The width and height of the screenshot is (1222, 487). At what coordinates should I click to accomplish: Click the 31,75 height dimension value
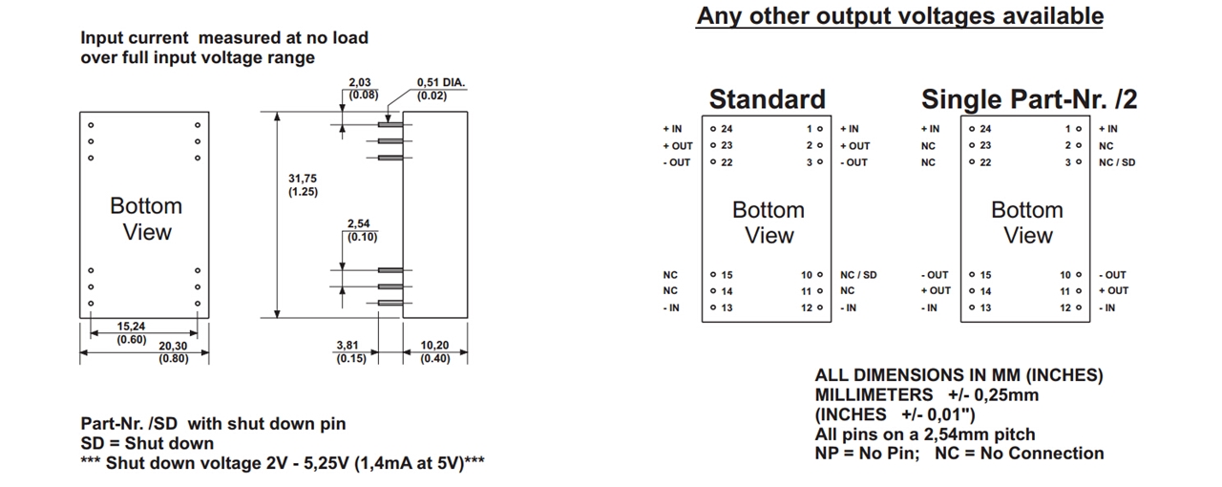click(303, 179)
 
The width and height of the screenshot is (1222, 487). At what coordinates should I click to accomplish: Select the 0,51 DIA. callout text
click(441, 83)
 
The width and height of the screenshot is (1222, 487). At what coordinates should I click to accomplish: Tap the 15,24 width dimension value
click(131, 327)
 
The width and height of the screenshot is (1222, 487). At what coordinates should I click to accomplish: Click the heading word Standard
click(767, 99)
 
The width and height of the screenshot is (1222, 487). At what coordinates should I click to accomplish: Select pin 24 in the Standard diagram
click(722, 129)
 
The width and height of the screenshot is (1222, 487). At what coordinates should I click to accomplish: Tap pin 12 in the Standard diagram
click(811, 307)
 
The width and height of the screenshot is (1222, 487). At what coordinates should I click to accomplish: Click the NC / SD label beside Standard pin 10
click(858, 275)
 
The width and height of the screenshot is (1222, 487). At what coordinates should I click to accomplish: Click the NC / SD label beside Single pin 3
click(1117, 162)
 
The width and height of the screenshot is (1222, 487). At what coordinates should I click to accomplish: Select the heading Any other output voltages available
click(899, 16)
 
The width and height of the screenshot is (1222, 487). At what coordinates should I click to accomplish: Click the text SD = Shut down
click(147, 443)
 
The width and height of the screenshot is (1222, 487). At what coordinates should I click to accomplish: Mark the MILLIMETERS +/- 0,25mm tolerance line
click(926, 394)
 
